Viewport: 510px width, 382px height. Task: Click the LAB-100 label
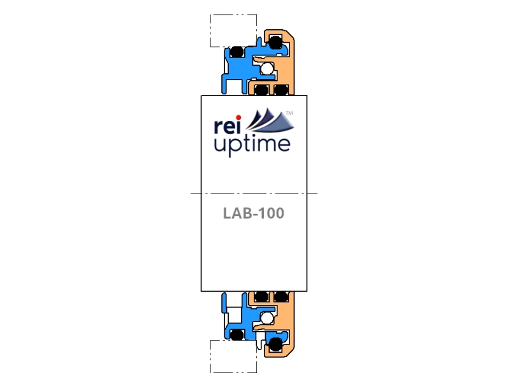click(x=254, y=213)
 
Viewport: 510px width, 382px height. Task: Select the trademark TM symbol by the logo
click(x=289, y=113)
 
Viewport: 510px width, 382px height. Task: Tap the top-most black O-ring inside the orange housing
click(x=274, y=43)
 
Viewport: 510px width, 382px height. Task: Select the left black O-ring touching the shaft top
click(x=261, y=89)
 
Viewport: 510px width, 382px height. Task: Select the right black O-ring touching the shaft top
click(x=281, y=89)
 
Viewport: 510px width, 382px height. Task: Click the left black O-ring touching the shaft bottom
click(x=261, y=296)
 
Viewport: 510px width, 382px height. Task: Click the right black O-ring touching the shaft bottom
click(x=281, y=296)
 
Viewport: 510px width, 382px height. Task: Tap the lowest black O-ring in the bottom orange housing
click(x=275, y=344)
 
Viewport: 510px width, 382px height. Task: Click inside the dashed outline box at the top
click(x=233, y=29)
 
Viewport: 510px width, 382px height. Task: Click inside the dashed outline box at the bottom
click(x=233, y=356)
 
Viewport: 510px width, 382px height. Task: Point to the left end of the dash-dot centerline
click(x=191, y=192)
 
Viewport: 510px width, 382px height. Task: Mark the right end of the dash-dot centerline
click(x=317, y=192)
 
